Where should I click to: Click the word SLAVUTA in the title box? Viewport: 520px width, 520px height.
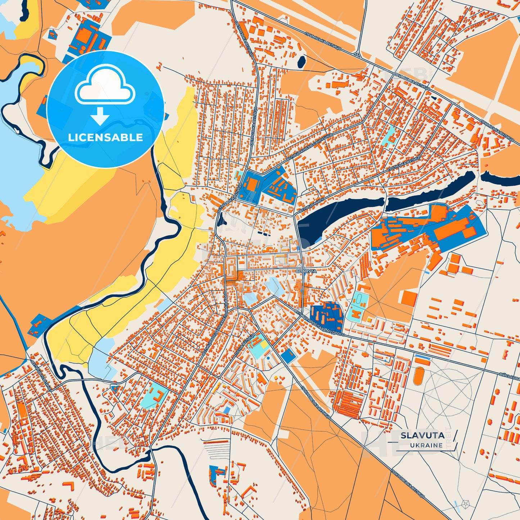pyautogui.click(x=422, y=435)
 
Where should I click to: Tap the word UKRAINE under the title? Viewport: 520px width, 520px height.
pyautogui.click(x=426, y=445)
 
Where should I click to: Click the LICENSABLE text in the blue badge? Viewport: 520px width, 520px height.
pyautogui.click(x=105, y=137)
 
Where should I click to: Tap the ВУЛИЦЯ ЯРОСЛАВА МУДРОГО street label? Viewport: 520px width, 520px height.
pyautogui.click(x=320, y=322)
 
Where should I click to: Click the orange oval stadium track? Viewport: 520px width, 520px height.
pyautogui.click(x=418, y=376)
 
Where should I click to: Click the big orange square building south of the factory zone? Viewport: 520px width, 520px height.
pyautogui.click(x=409, y=299)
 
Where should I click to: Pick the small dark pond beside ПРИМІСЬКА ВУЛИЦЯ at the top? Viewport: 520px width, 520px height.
pyautogui.click(x=301, y=62)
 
